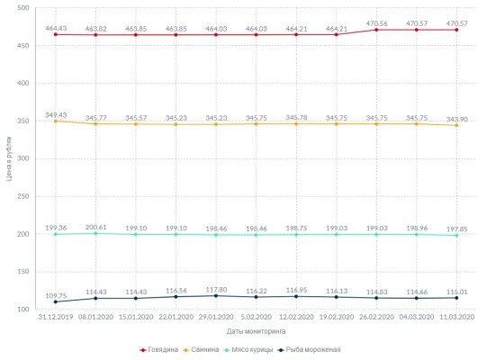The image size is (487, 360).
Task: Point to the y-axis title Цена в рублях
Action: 8,158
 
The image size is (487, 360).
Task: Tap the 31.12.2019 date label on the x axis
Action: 55,318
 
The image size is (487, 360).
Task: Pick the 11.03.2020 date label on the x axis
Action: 456,318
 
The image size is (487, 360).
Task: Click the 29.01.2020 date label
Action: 216,318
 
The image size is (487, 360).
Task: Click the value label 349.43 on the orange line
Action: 55,114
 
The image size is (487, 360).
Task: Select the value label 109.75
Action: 55,295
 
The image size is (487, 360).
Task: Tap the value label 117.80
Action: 216,289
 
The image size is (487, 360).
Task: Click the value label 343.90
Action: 456,119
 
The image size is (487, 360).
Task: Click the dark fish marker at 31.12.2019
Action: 55,301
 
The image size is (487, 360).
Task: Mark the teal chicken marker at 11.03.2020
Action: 456,235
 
